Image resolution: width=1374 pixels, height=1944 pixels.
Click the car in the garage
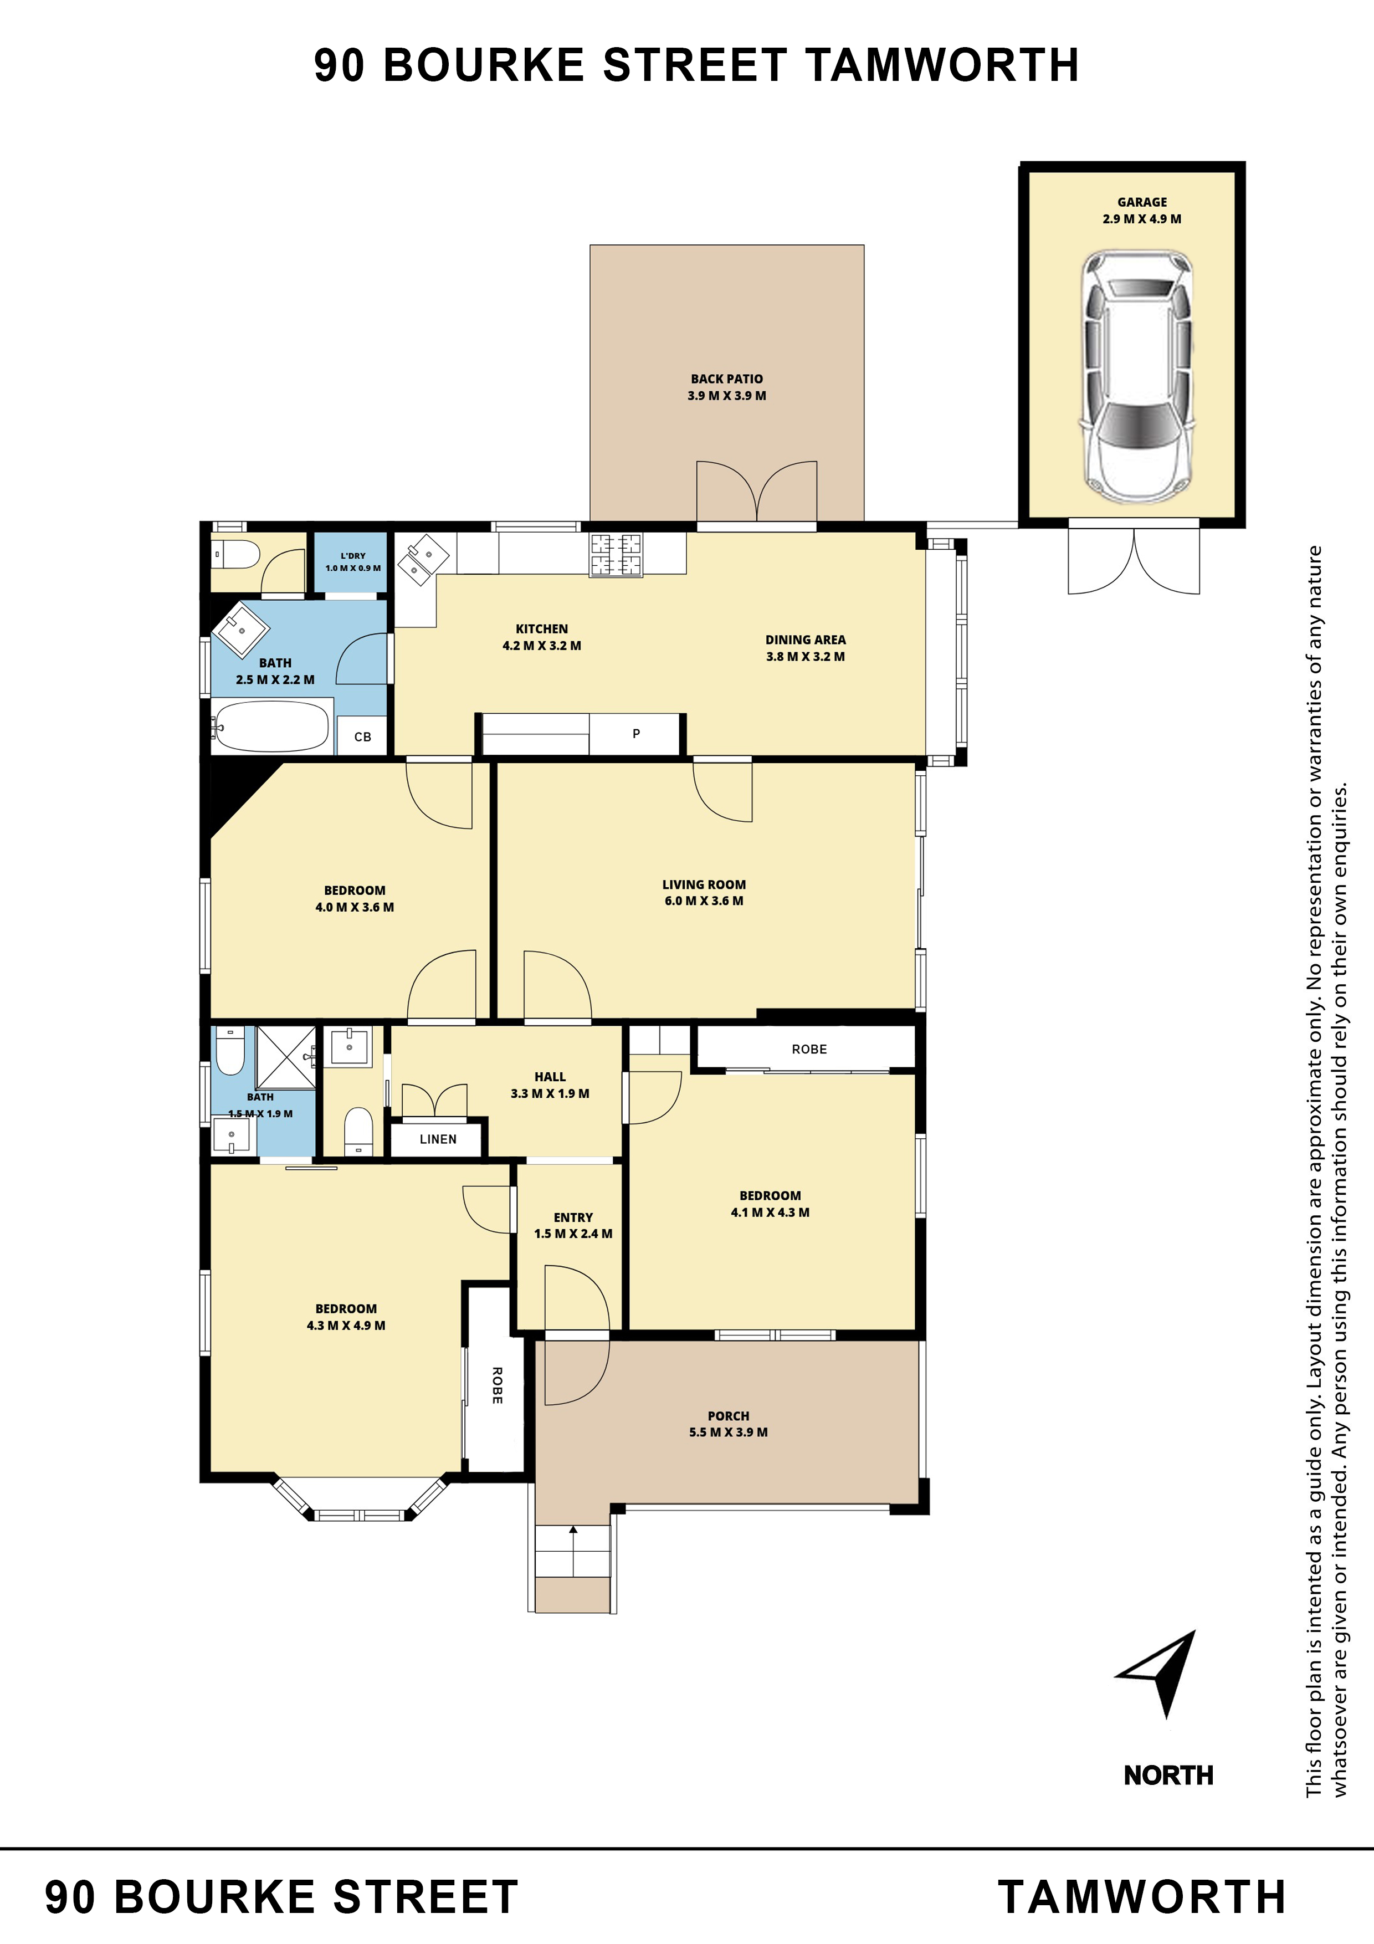click(x=1137, y=376)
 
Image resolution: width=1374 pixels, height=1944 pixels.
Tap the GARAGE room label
click(x=1142, y=202)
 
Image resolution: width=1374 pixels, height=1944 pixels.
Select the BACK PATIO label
click(x=726, y=379)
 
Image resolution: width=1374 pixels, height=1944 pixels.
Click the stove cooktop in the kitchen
click(x=616, y=555)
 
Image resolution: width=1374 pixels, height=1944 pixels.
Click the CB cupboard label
click(x=362, y=736)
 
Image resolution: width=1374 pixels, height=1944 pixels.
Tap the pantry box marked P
click(x=636, y=733)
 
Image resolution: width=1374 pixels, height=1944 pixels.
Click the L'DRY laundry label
click(x=353, y=556)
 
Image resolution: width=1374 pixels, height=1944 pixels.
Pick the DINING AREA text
click(x=805, y=640)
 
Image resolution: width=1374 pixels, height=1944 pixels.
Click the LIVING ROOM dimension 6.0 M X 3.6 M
click(x=704, y=901)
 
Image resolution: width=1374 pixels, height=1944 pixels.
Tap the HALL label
click(x=550, y=1077)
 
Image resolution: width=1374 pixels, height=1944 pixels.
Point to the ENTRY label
click(x=573, y=1217)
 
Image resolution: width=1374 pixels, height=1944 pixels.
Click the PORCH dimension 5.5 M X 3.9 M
click(x=728, y=1433)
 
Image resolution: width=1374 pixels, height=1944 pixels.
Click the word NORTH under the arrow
click(x=1168, y=1776)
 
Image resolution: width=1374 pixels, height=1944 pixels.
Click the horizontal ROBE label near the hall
click(x=809, y=1049)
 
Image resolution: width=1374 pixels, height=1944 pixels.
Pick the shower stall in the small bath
click(x=286, y=1057)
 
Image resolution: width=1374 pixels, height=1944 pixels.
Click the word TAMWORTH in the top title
click(x=942, y=65)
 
